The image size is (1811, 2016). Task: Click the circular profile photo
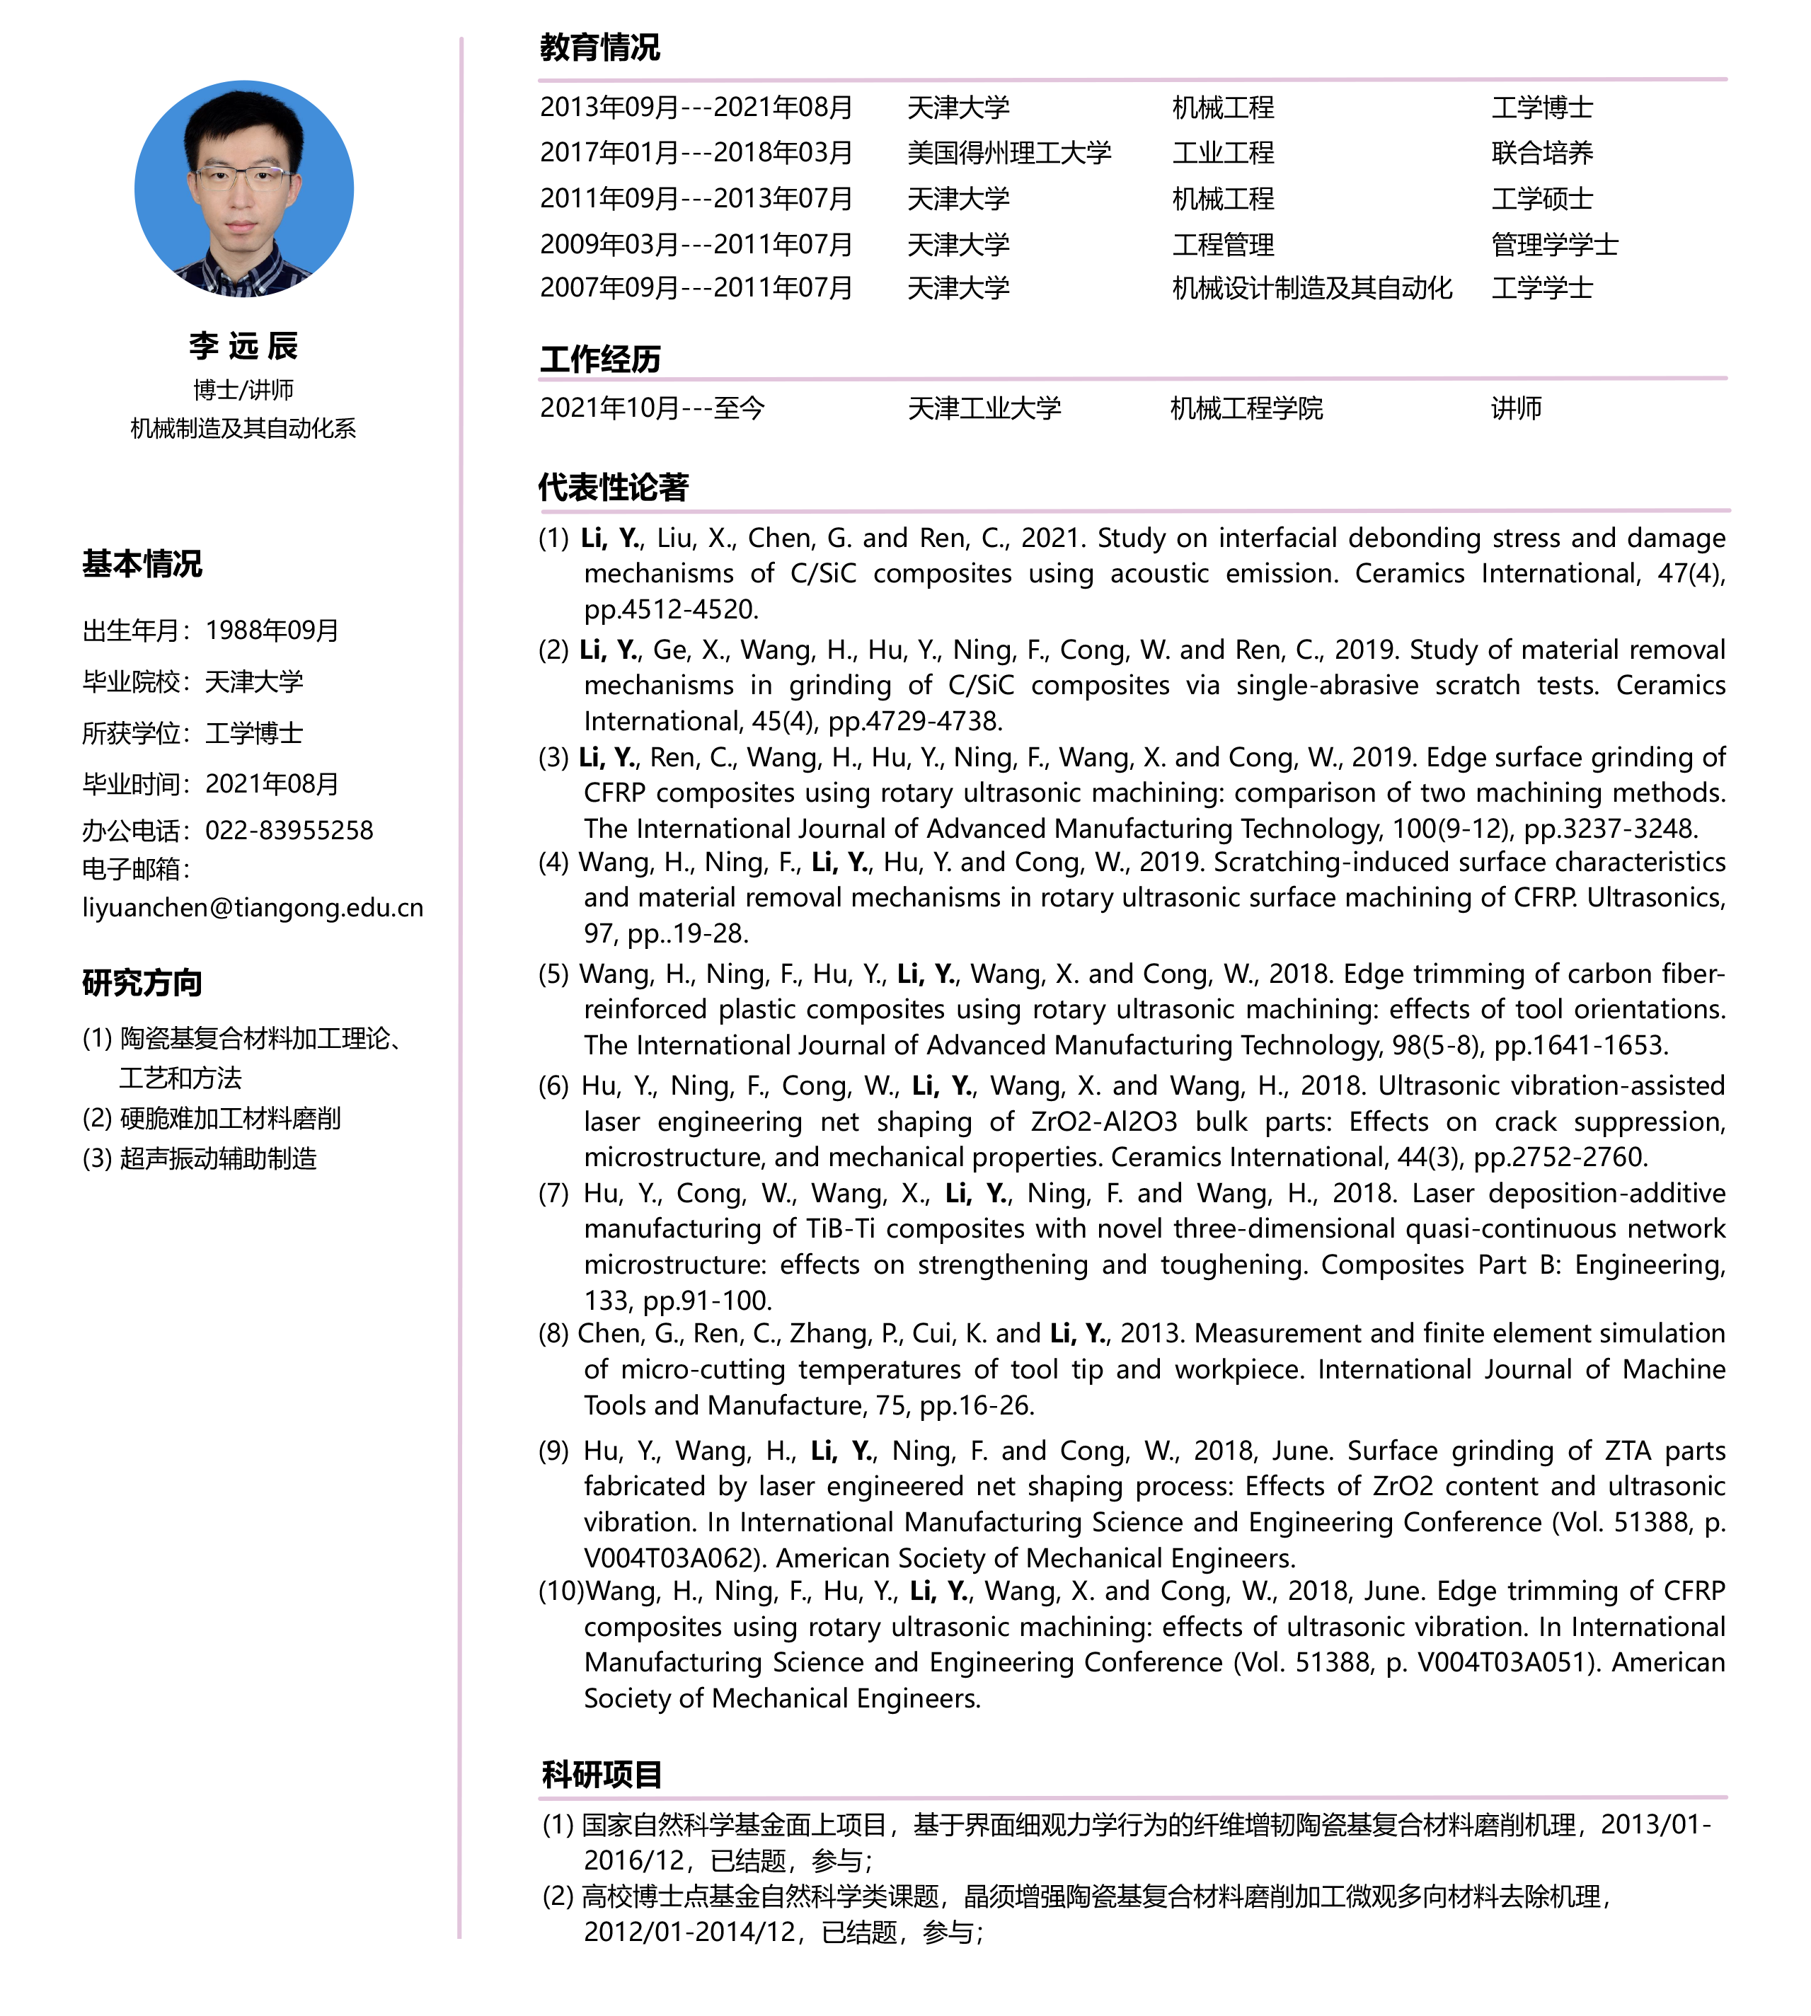tap(243, 189)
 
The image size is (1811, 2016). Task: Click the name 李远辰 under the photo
tap(243, 345)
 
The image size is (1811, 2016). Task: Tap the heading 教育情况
tap(599, 47)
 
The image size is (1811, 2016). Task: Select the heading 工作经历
tap(599, 359)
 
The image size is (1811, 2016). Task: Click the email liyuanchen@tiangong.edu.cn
tap(253, 907)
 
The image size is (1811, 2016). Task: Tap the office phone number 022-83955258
tap(289, 830)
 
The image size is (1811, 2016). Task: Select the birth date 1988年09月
tap(272, 630)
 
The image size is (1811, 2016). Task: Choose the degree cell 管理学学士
tap(1554, 245)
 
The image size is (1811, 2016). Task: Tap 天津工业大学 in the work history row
tap(984, 408)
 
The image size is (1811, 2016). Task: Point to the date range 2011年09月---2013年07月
tap(696, 199)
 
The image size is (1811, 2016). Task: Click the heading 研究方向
tap(142, 983)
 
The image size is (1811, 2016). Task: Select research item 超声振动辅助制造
tap(218, 1158)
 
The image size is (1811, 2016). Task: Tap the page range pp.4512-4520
tap(672, 609)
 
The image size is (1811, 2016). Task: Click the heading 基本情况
tap(142, 564)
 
